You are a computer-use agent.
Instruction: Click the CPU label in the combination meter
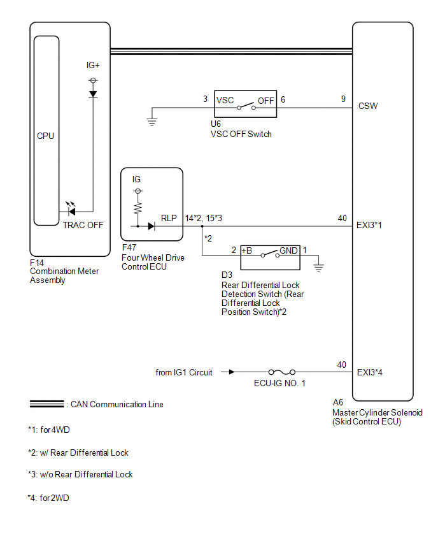coord(45,136)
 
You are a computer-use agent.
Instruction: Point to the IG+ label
coord(93,65)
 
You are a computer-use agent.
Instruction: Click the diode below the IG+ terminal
coord(93,94)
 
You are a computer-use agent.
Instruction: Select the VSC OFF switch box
coord(245,104)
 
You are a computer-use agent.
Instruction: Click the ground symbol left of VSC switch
coord(152,122)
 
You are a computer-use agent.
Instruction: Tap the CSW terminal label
coord(368,106)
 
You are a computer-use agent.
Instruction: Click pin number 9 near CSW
coord(343,99)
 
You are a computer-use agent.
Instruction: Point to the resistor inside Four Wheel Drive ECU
coord(138,208)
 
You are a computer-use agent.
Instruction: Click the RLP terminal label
coord(169,218)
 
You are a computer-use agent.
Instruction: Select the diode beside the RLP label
coord(151,226)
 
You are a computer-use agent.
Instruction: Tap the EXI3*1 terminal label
coord(369,226)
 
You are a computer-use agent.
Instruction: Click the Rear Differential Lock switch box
coord(270,257)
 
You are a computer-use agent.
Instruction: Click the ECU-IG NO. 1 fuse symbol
coord(282,372)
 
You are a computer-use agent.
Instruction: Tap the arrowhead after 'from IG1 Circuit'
coord(232,372)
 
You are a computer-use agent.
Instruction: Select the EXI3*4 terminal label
coord(369,373)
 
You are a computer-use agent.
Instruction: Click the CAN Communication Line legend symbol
coord(46,404)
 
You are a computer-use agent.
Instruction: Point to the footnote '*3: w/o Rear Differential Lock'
coord(80,474)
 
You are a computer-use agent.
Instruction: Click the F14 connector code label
coord(37,263)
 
